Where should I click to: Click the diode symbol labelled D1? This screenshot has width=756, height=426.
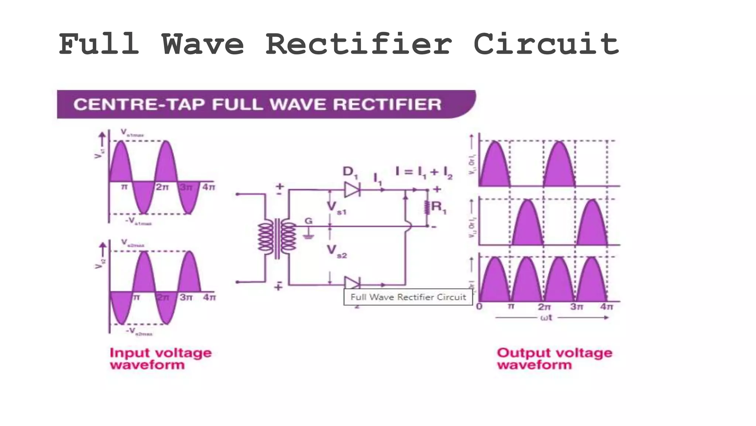point(352,190)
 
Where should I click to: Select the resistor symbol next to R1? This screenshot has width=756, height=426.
point(427,207)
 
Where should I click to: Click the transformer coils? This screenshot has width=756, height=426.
point(277,239)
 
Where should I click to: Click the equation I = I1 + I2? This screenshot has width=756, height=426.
point(423,172)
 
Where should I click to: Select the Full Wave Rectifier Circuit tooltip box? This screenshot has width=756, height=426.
point(408,297)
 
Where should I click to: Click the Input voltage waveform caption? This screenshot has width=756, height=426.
point(161,358)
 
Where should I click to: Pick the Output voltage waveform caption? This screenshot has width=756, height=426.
point(554,358)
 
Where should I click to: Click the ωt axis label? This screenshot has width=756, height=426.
point(546,318)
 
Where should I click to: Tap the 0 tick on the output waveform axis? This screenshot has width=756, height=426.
point(479,307)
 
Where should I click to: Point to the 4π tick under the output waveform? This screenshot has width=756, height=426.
point(606,307)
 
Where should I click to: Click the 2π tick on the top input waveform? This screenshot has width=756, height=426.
point(162,187)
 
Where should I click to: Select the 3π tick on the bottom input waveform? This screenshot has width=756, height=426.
point(186,297)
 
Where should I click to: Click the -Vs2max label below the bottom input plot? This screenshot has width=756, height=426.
point(139,332)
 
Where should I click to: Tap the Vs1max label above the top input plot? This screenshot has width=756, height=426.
point(132,133)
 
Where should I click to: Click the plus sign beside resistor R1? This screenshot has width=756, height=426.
point(437,189)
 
